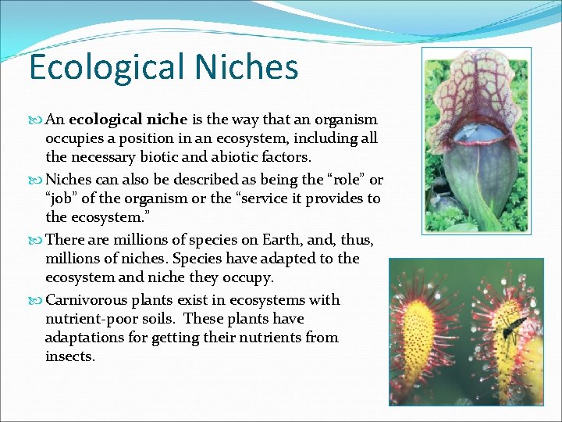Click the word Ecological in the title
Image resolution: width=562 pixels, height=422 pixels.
94,68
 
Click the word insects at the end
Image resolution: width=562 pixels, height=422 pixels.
70,356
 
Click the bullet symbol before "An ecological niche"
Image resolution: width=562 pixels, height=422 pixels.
37,120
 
